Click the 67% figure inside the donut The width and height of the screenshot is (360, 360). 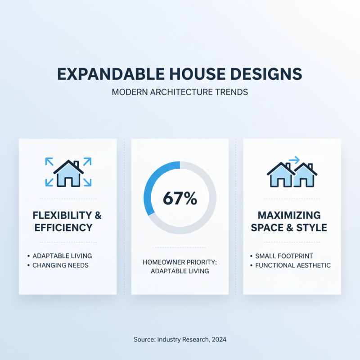180,198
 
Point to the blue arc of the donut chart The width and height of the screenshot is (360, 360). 153,180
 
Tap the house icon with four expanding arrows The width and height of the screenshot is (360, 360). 68,172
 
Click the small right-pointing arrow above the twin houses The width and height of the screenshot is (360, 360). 294,159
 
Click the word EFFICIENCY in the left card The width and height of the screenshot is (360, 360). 63,228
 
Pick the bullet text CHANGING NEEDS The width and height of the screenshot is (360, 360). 60,265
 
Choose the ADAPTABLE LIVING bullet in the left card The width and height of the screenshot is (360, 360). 62,256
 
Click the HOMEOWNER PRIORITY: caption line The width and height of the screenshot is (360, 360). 180,261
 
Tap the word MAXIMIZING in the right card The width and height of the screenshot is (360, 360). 292,215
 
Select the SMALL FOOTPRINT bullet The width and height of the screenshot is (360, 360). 284,256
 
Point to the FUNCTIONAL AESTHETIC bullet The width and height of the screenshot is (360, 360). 292,265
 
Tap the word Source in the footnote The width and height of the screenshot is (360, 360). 144,339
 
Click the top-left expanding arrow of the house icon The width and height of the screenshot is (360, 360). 49,161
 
